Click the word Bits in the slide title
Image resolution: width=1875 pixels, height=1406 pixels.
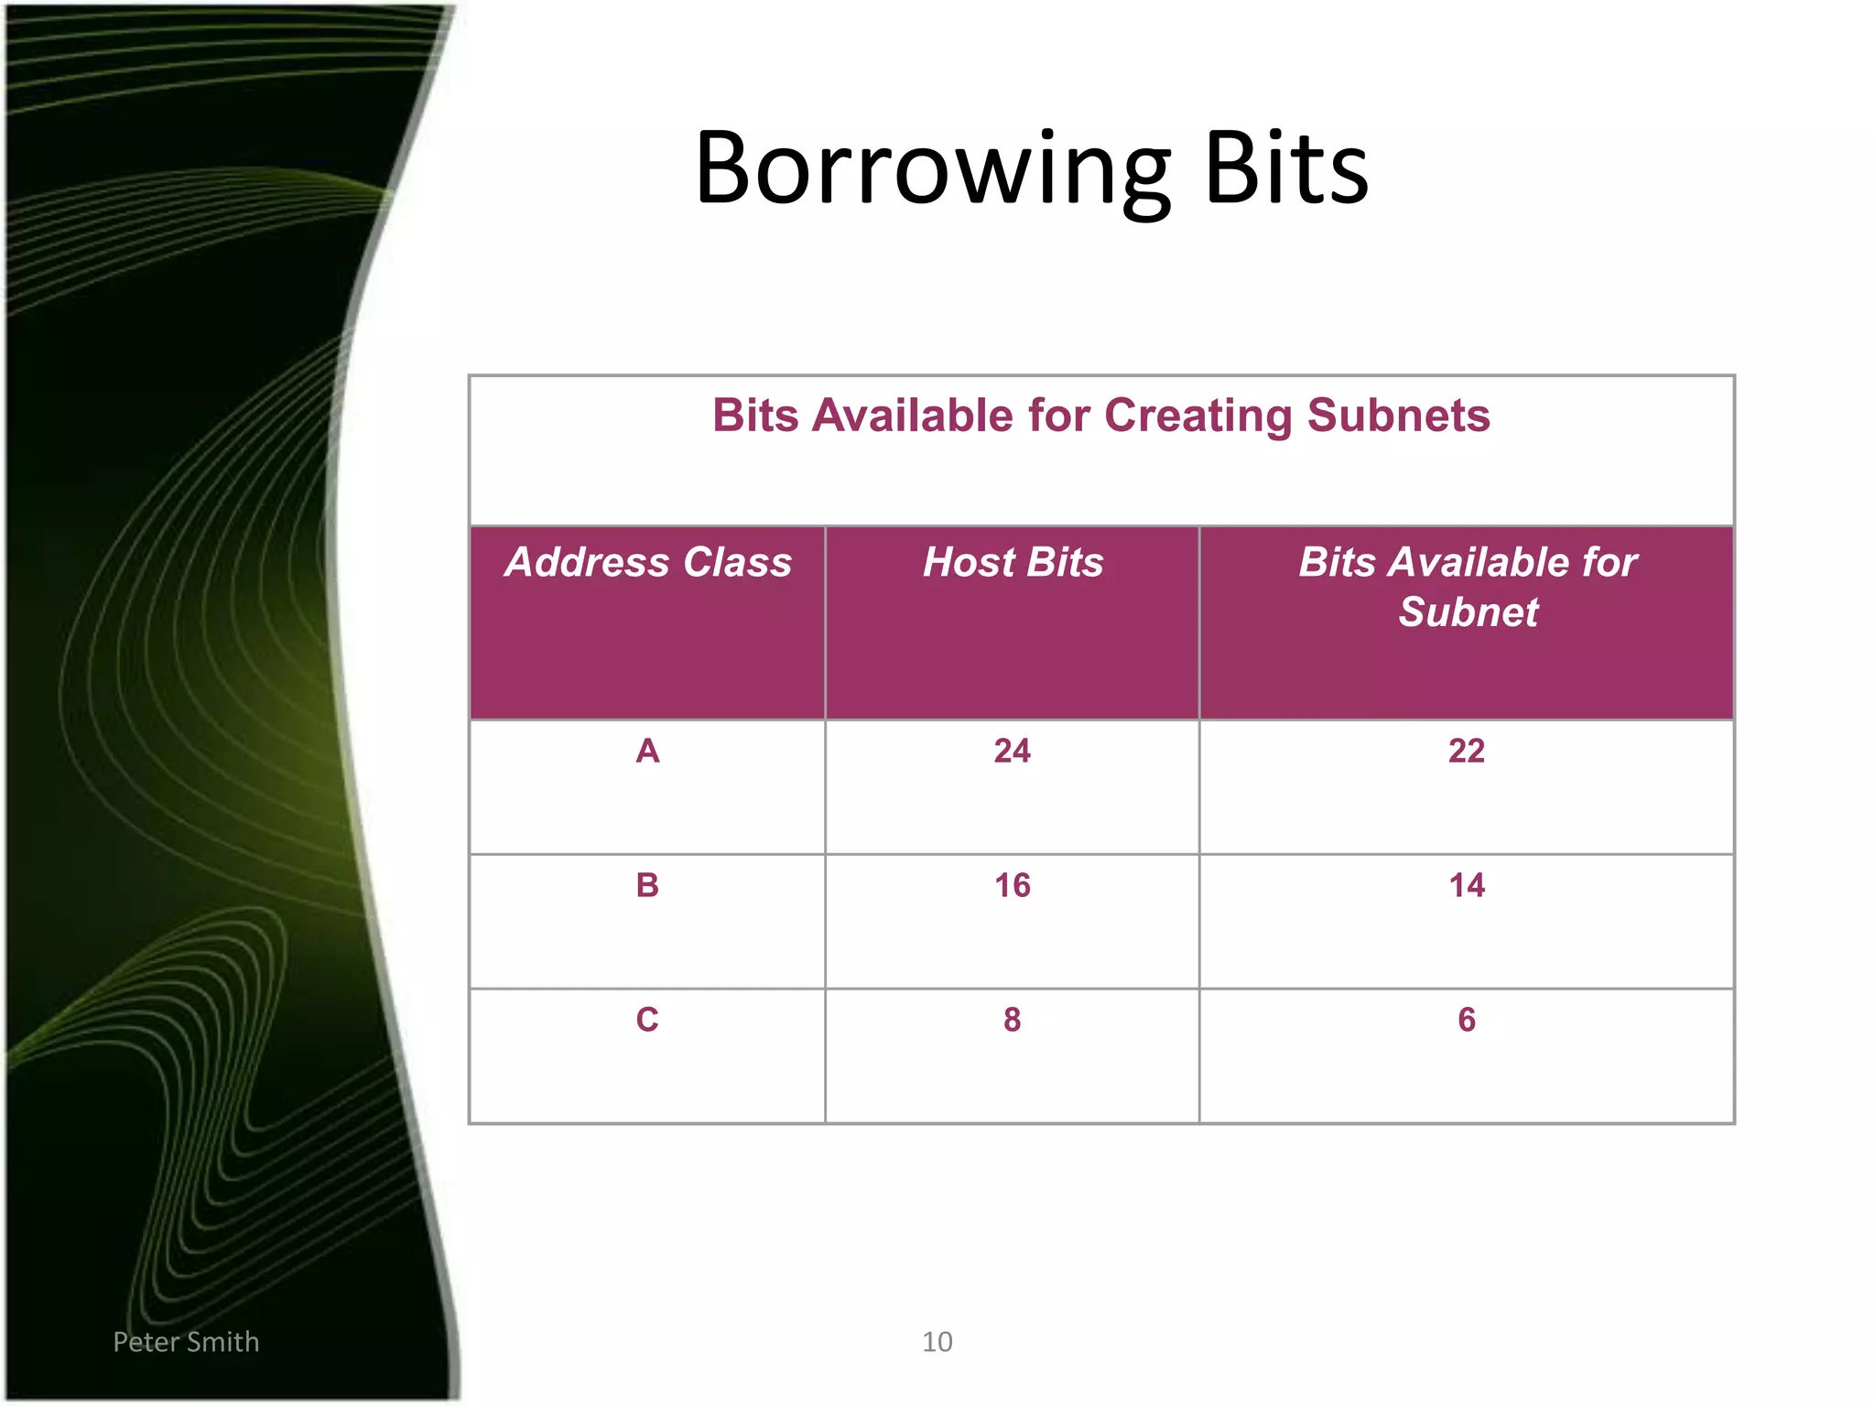click(x=1285, y=168)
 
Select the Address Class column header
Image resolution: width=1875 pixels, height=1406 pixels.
click(x=648, y=562)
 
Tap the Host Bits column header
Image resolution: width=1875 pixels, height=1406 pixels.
click(x=1013, y=562)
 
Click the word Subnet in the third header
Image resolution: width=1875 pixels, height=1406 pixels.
click(x=1468, y=611)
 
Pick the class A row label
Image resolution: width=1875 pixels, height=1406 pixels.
click(x=647, y=751)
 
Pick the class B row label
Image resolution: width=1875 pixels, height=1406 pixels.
click(x=647, y=885)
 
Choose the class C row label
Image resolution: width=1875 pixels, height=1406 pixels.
click(x=647, y=1019)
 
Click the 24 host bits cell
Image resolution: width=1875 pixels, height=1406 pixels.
click(x=1012, y=751)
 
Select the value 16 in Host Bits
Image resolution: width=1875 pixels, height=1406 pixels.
click(x=1012, y=885)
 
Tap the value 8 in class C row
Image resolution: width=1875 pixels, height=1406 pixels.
click(x=1012, y=1019)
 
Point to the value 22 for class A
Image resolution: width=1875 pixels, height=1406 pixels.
click(x=1467, y=751)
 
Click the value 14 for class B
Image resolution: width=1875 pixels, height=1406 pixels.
click(x=1467, y=885)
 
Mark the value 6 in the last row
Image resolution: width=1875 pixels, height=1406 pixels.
click(x=1467, y=1019)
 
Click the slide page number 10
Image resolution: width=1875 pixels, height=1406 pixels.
click(x=937, y=1342)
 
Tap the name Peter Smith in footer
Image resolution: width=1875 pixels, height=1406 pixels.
click(x=186, y=1342)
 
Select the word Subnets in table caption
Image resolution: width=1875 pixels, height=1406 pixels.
click(x=1398, y=416)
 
